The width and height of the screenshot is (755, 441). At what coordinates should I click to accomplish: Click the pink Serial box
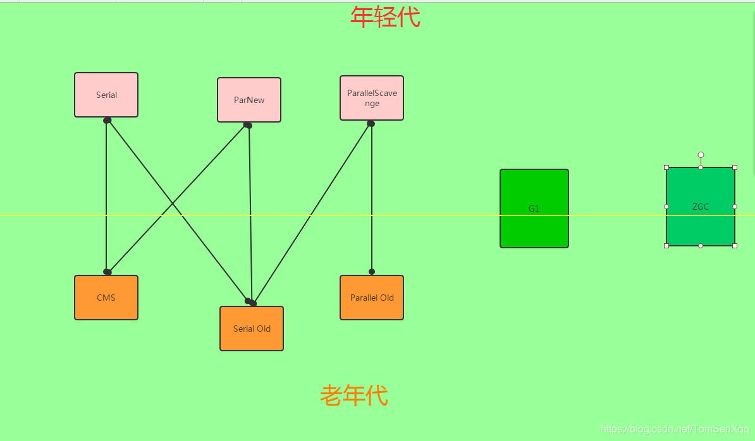click(x=106, y=95)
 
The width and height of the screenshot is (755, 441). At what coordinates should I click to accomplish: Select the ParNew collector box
click(x=249, y=100)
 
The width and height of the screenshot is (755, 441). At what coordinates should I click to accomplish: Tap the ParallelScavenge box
click(x=372, y=98)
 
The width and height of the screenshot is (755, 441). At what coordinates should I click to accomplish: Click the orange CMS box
click(x=106, y=298)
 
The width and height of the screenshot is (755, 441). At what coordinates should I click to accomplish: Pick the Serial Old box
click(x=252, y=329)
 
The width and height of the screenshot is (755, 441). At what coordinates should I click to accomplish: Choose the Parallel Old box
click(x=372, y=298)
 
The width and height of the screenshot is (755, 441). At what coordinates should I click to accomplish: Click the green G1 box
click(x=534, y=208)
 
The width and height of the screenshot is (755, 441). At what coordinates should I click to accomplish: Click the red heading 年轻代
click(x=385, y=17)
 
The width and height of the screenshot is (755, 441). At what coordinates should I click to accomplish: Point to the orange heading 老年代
click(x=353, y=396)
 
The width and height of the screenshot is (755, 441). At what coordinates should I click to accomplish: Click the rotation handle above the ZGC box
click(x=701, y=155)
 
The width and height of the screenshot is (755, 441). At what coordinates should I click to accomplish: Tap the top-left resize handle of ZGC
click(x=666, y=167)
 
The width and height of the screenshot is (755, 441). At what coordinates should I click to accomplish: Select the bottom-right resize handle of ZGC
click(x=735, y=246)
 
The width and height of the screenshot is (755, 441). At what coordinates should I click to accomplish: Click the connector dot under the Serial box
click(x=107, y=120)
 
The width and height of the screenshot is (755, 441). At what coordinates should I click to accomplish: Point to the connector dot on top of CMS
click(x=107, y=272)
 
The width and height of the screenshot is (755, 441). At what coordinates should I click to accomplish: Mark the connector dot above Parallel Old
click(x=372, y=272)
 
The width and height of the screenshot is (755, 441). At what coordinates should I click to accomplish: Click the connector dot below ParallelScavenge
click(x=371, y=124)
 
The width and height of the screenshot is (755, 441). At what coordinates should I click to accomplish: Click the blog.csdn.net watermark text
click(x=674, y=429)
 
